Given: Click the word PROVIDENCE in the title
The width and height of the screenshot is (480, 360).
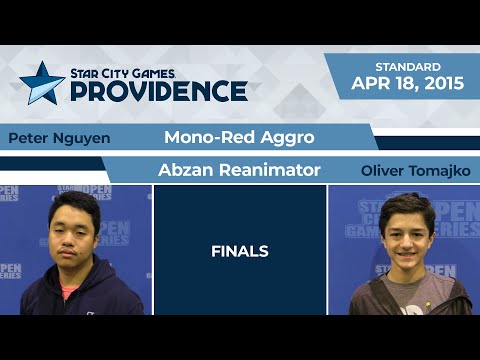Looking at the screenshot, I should (158, 91).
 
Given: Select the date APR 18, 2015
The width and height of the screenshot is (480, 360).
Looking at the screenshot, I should (407, 84).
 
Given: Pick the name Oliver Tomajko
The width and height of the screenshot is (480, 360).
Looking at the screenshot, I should (415, 171).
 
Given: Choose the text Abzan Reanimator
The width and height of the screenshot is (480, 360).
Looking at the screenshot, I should (239, 170).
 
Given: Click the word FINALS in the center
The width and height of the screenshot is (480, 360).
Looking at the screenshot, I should (239, 251).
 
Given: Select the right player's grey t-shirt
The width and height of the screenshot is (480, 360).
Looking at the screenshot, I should (405, 298).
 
